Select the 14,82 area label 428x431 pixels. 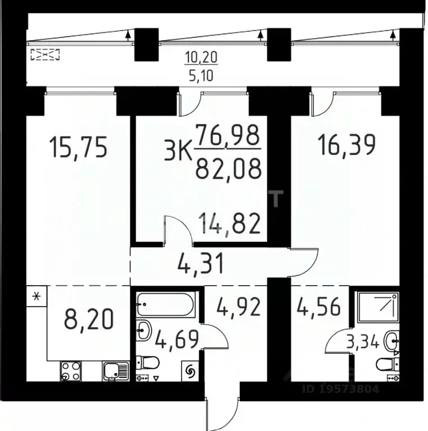tap(230, 224)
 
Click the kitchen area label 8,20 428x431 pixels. tap(89, 320)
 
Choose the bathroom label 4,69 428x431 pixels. tap(172, 339)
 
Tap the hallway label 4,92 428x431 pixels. tap(238, 308)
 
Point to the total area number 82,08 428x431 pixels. tap(228, 167)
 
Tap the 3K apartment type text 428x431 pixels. tap(177, 152)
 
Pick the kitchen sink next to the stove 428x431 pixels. tap(115, 371)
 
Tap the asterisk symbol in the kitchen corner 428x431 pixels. tap(37, 296)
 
